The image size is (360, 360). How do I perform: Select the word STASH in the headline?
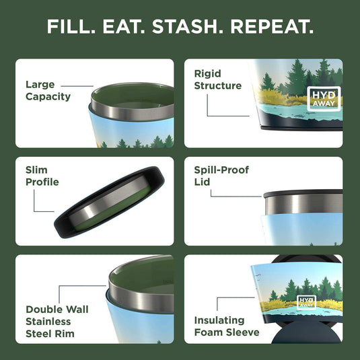click(190, 28)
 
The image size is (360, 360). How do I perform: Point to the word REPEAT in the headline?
click(273, 28)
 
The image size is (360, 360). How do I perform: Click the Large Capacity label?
click(48, 91)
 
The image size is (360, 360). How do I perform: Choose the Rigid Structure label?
click(217, 79)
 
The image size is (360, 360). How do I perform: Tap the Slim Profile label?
click(42, 176)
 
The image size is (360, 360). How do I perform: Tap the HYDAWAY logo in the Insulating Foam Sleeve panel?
click(307, 303)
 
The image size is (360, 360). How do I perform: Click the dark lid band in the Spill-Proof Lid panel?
click(303, 194)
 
